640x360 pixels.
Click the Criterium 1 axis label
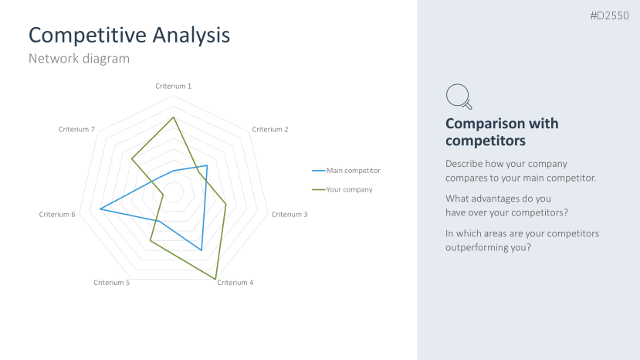point(173,87)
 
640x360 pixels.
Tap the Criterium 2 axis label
point(269,130)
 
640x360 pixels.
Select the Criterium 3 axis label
point(290,215)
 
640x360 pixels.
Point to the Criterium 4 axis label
point(235,283)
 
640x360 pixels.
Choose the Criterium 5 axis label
point(111,283)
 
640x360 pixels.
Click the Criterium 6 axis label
point(57,215)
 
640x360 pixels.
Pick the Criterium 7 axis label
point(76,130)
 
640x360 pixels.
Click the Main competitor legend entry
point(346,171)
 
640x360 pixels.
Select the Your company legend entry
point(342,189)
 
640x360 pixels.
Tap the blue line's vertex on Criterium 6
point(100,209)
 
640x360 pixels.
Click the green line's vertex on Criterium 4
point(215,279)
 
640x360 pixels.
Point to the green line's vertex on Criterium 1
point(174,117)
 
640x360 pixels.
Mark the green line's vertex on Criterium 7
point(131,158)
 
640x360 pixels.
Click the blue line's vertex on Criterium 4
point(201,250)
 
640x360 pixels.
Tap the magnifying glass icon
point(459,97)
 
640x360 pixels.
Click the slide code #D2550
point(609,16)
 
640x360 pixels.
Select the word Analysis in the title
point(191,35)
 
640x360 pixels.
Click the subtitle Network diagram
point(80,59)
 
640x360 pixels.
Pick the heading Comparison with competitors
point(502,131)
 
